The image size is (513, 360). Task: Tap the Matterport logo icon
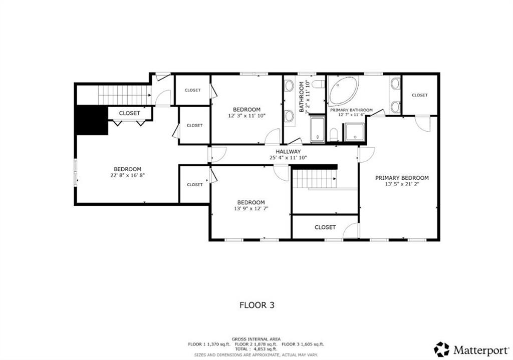[x=442, y=349]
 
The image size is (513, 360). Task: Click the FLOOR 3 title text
[x=256, y=304]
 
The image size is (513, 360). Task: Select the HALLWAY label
[x=288, y=151]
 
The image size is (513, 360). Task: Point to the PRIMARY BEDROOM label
[x=402, y=178]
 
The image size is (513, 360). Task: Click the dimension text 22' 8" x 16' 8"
[x=127, y=175]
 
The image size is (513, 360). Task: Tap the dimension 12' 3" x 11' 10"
[x=246, y=116]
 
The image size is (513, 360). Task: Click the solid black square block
[x=92, y=120]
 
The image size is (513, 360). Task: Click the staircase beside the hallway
[x=313, y=178]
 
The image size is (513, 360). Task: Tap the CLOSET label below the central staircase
[x=325, y=227]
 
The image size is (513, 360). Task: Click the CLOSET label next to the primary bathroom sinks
[x=419, y=95]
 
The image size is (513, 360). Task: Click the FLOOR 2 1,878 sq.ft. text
[x=256, y=344]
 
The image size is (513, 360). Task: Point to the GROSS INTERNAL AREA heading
[x=256, y=339]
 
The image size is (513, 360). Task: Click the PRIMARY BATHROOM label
[x=351, y=110]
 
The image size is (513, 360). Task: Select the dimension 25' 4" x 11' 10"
[x=288, y=157]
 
